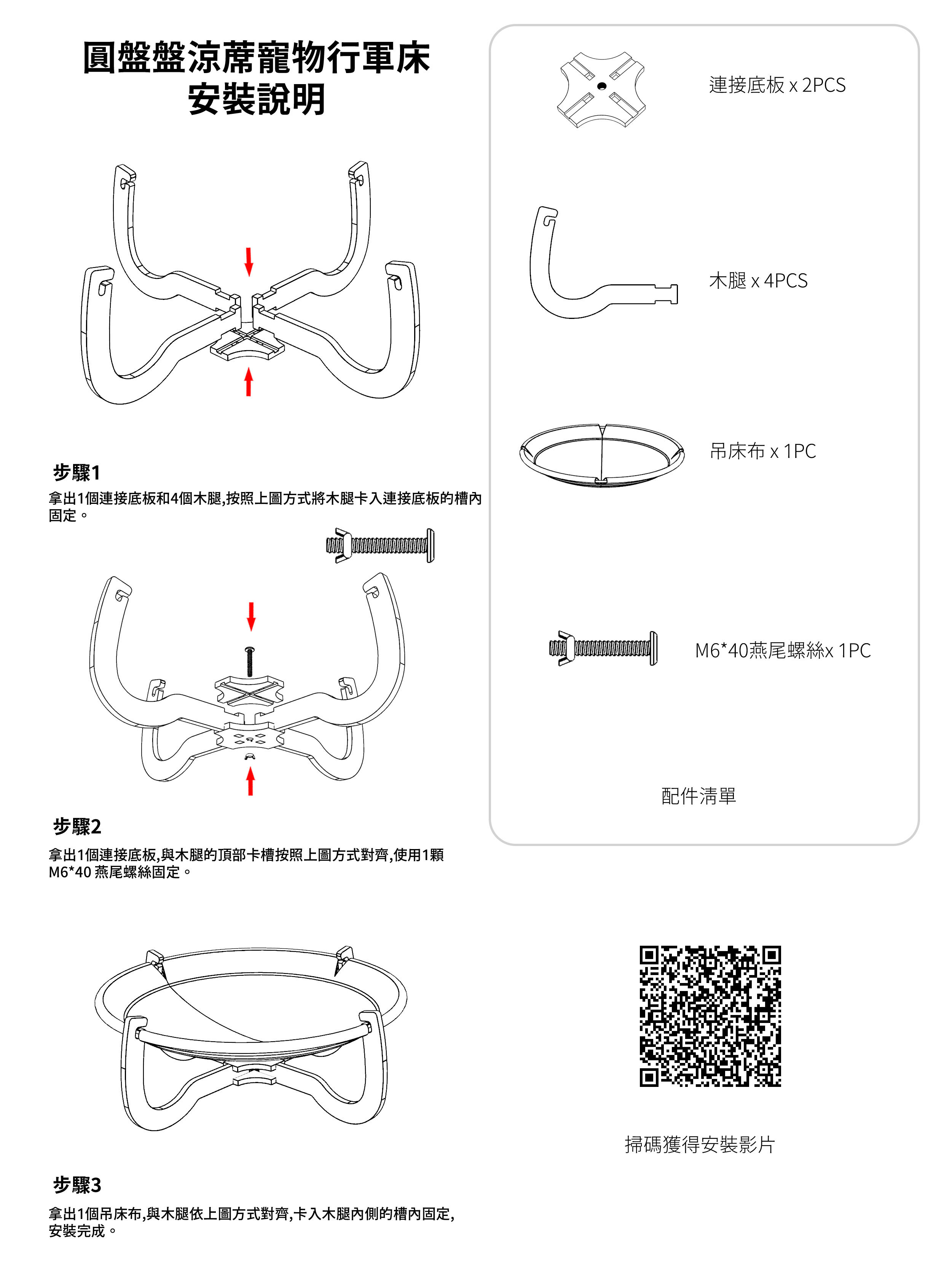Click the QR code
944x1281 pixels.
tap(710, 1015)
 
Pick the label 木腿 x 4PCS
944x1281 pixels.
tap(758, 280)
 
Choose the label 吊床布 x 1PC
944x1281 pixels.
tap(762, 451)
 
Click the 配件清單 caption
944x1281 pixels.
tap(698, 795)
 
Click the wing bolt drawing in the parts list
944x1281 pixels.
tap(603, 648)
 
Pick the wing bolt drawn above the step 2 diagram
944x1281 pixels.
tap(380, 546)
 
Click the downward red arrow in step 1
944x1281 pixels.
tap(249, 262)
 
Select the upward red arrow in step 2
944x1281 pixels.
tap(250, 781)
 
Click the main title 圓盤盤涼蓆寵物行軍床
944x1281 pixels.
tap(257, 58)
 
